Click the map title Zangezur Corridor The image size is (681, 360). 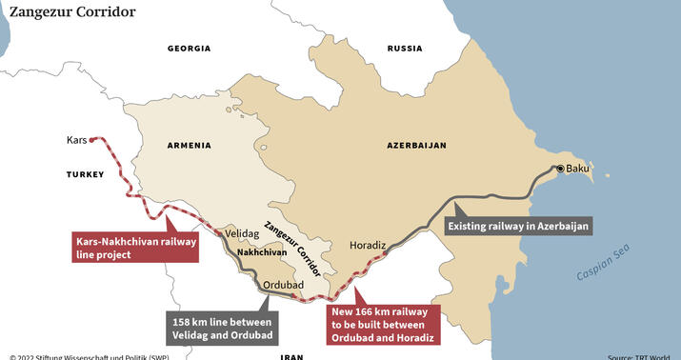pos(72,12)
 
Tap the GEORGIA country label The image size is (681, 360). pos(189,48)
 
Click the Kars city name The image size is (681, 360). pos(77,140)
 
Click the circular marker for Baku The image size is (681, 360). pos(560,169)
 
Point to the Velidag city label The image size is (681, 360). pos(244,232)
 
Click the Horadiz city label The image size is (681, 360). pos(368,245)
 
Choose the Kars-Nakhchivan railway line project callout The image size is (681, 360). pos(136,250)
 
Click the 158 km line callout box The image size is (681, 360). pos(220,326)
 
